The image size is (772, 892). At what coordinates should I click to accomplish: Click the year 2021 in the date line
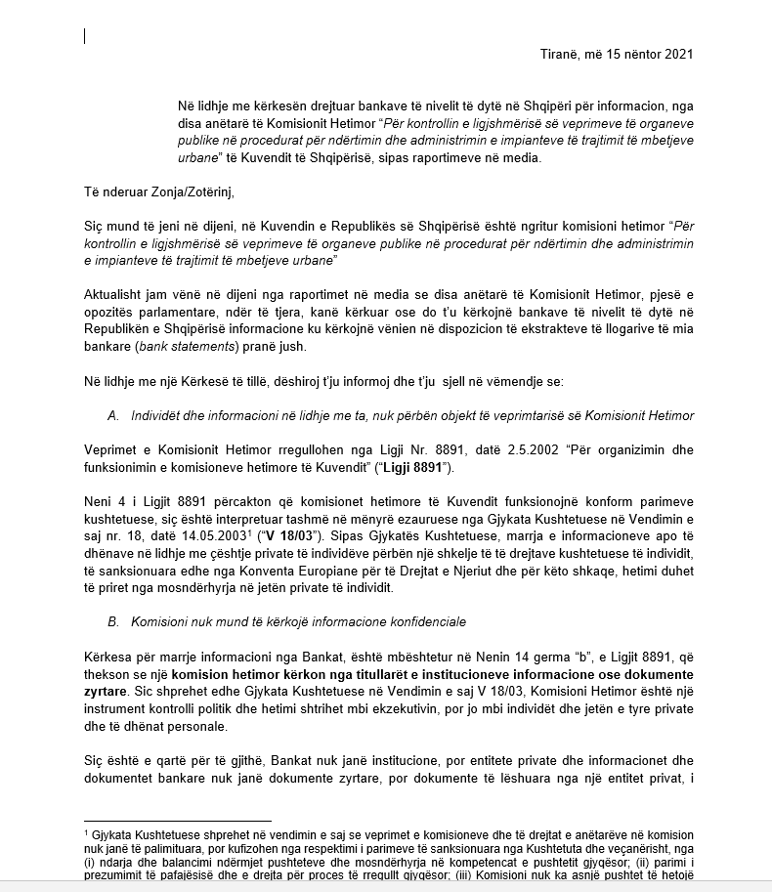(677, 54)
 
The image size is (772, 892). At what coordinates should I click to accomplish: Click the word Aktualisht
(115, 294)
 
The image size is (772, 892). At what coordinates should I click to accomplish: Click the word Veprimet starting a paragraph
(111, 452)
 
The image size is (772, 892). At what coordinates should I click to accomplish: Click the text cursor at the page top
(85, 36)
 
